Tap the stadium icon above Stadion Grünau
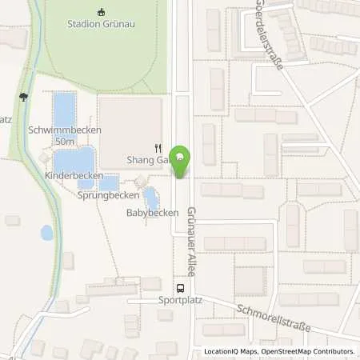pos(101,11)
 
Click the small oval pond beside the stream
pos(46,233)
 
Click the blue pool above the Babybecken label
pos(150,197)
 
